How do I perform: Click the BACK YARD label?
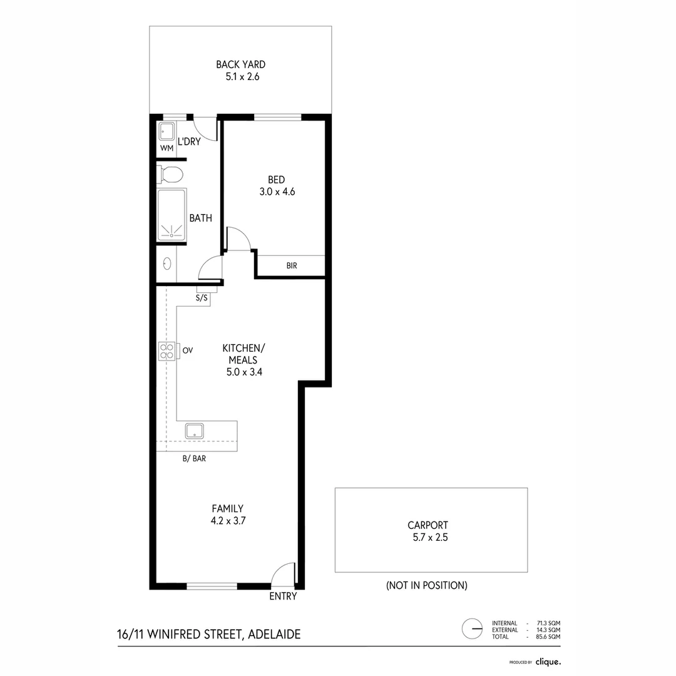[x=240, y=64]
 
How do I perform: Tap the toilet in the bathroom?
[x=170, y=173]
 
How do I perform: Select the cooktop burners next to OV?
[x=167, y=351]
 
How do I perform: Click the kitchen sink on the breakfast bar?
[x=194, y=430]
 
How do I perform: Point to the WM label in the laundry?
[x=166, y=148]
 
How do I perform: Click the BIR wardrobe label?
[x=292, y=265]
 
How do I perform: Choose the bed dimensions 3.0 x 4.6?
[x=277, y=192]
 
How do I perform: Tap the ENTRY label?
[x=283, y=597]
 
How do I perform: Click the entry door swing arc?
[x=283, y=573]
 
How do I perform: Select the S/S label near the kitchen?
[x=202, y=298]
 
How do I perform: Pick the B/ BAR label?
[x=194, y=458]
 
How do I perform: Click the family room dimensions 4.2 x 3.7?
[x=227, y=520]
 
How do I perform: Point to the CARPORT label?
[x=428, y=526]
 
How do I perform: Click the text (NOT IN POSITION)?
[x=427, y=586]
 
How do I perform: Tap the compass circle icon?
[x=472, y=627]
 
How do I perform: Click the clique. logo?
[x=548, y=661]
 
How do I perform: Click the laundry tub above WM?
[x=166, y=131]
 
